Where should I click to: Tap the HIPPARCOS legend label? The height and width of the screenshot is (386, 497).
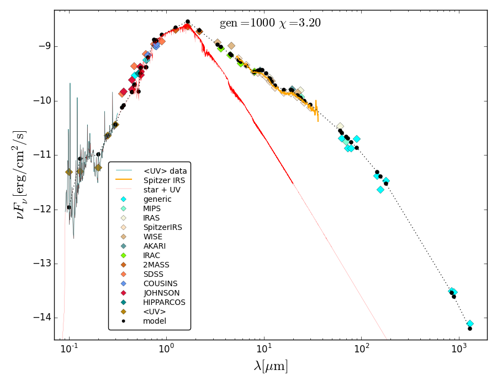point(164,302)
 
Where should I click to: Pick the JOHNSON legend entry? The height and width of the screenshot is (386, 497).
point(161,293)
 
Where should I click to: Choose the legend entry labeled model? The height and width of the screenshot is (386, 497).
point(154,321)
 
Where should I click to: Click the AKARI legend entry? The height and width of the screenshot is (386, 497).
point(154,246)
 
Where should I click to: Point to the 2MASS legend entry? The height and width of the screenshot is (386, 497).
point(156,265)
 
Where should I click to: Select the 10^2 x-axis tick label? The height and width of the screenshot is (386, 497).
point(361,349)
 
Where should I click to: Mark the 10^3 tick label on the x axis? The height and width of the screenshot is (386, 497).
point(458,349)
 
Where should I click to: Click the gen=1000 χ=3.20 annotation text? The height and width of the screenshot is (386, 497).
point(270,23)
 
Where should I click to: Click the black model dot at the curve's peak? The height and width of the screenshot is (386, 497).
point(188,22)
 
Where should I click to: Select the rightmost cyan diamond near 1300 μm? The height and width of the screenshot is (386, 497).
point(470,324)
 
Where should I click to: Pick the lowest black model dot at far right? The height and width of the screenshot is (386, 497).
point(470,329)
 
